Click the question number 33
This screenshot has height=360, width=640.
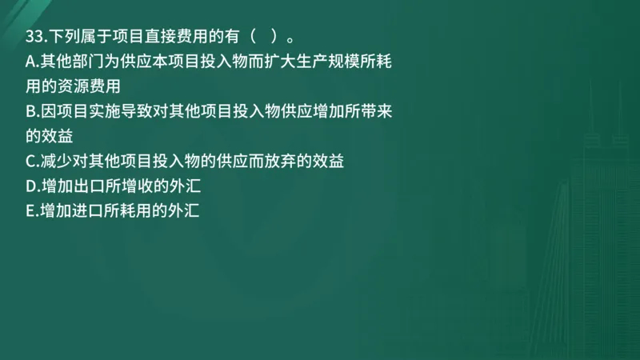(34, 38)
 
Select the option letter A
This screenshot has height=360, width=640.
(30, 62)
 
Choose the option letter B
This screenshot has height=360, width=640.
(30, 111)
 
